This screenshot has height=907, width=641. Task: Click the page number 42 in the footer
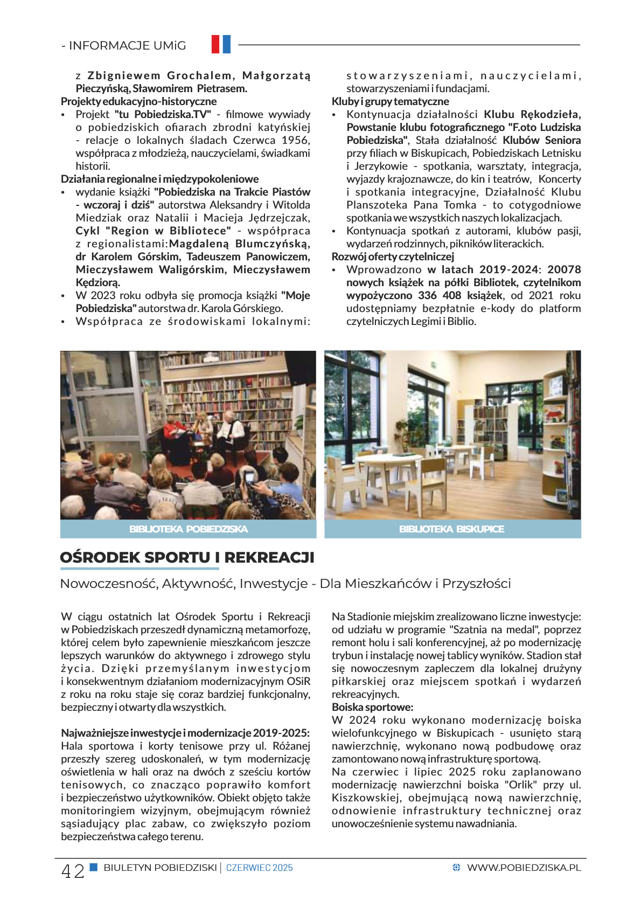point(73,871)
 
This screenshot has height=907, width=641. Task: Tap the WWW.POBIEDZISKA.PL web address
point(524,868)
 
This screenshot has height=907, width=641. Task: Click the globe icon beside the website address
point(456,868)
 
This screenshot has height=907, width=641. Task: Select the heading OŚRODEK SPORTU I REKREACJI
point(187,557)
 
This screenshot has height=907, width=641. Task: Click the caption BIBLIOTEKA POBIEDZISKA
point(188,529)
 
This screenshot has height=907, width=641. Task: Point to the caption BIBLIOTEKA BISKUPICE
point(451,529)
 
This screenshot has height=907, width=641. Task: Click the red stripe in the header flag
point(215,44)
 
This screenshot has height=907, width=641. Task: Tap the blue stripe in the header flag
point(226,44)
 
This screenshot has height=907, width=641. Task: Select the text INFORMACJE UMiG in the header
point(127,46)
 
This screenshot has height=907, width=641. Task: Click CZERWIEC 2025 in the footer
point(259,868)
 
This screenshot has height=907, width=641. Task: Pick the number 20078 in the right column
point(564,269)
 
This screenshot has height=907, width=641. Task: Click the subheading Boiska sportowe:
point(372,707)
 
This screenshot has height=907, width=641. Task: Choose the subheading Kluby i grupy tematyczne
point(390,101)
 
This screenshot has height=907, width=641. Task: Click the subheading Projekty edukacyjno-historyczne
point(138,101)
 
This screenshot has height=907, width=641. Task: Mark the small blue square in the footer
point(93,867)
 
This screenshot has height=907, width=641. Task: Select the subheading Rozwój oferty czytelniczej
point(393,257)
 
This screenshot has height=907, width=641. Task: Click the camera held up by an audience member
point(249,477)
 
